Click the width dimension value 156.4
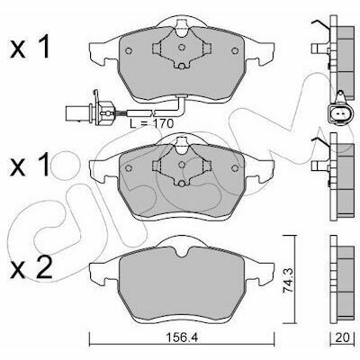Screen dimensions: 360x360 click(182, 338)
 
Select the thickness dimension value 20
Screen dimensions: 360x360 click(343, 338)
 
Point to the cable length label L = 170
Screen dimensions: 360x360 click(152, 123)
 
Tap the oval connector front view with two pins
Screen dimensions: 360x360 click(340, 113)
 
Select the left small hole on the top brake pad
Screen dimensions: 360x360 click(129, 50)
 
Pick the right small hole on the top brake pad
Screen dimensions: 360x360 click(235, 50)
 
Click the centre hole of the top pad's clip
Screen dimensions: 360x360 click(182, 47)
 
